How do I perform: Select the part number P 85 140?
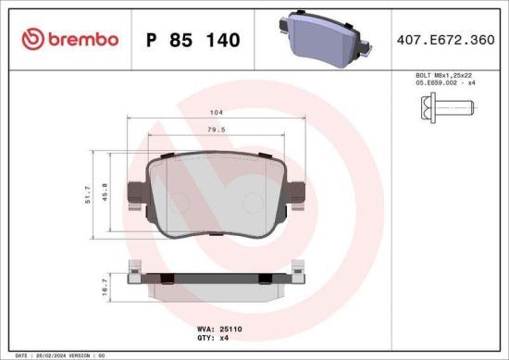193,41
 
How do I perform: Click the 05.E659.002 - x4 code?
445,83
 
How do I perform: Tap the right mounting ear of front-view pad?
298,194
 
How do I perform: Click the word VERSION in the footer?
85,354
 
